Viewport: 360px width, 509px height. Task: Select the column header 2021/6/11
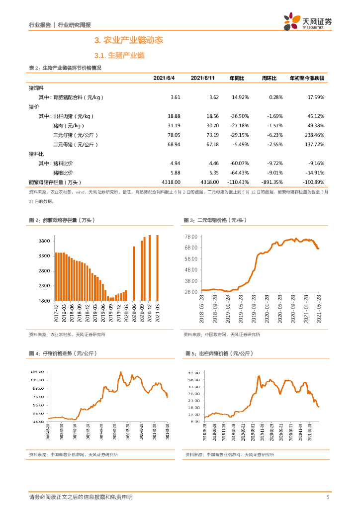pos(202,79)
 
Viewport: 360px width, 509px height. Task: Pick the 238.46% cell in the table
pos(312,135)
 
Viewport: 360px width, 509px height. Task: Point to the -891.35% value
pos(270,182)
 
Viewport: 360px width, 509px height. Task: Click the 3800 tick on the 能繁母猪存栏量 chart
pos(44,241)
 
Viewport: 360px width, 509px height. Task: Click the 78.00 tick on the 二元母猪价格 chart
pos(192,237)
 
